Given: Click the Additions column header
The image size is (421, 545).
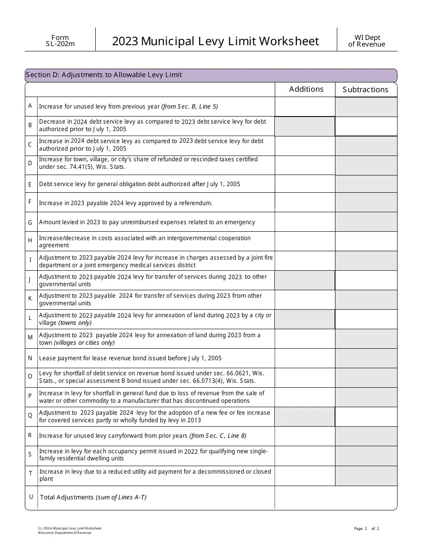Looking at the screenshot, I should pyautogui.click(x=306, y=89).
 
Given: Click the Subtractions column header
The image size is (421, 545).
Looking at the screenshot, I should pyautogui.click(x=365, y=90).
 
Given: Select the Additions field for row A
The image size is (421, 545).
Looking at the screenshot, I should pyautogui.click(x=304, y=107).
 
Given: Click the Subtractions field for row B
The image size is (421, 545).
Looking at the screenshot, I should pyautogui.click(x=366, y=126).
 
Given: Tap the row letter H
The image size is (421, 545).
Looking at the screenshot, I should pyautogui.click(x=31, y=241).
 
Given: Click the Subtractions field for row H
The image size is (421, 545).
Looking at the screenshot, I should pyautogui.click(x=366, y=241).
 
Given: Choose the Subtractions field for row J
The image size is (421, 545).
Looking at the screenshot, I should pyautogui.click(x=366, y=280).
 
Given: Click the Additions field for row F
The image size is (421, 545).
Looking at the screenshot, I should pyautogui.click(x=304, y=202).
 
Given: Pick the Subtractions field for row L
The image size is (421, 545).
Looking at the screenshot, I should pyautogui.click(x=366, y=319).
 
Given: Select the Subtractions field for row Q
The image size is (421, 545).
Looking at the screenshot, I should pyautogui.click(x=366, y=417).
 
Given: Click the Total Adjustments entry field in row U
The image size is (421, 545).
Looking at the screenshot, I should pyautogui.click(x=335, y=497).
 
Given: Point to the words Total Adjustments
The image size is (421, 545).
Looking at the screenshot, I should pyautogui.click(x=67, y=497).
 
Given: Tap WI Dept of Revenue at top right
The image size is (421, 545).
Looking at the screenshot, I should pyautogui.click(x=366, y=41).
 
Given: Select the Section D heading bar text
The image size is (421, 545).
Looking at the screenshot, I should pyautogui.click(x=104, y=75).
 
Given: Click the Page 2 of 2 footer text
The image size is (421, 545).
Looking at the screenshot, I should pyautogui.click(x=366, y=528).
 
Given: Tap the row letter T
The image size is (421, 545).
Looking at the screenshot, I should pyautogui.click(x=31, y=473).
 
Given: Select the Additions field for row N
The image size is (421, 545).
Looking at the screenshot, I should pyautogui.click(x=304, y=358).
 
